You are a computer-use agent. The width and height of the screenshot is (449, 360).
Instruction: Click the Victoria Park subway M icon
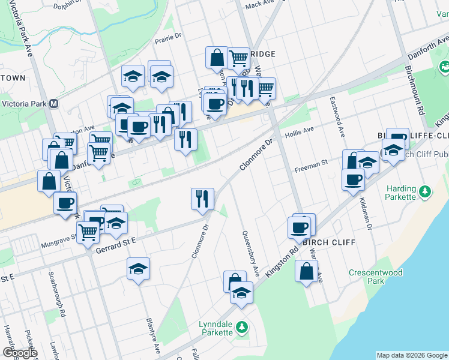click(53, 103)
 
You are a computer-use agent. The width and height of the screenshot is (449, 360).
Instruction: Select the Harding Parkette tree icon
click(425, 191)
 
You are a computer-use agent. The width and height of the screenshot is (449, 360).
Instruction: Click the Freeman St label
click(310, 165)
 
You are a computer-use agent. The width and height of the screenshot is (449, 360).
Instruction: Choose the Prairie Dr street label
click(168, 37)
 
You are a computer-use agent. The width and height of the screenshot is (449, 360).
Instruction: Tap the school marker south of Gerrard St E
click(139, 269)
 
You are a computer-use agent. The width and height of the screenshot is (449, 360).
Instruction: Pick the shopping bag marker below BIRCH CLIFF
click(306, 271)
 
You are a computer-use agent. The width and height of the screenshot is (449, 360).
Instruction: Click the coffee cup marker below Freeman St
click(353, 179)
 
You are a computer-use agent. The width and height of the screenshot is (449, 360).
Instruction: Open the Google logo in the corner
click(19, 353)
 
